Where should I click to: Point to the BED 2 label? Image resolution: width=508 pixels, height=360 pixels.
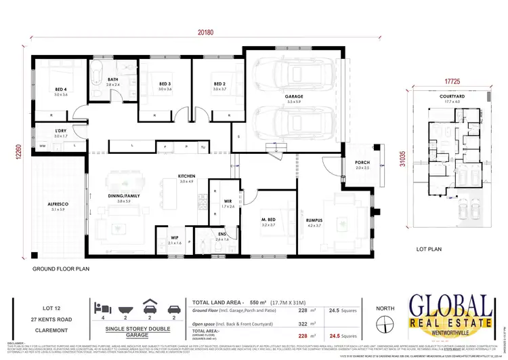[218, 84]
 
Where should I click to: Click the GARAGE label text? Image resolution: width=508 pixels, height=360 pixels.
[293, 97]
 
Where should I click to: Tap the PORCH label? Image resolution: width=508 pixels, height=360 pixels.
[362, 163]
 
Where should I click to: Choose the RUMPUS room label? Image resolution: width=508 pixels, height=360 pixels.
[332, 220]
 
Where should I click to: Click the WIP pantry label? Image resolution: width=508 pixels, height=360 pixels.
[174, 237]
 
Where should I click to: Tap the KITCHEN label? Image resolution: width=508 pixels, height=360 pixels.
[186, 176]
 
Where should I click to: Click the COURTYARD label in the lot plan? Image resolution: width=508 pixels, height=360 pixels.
[451, 97]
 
